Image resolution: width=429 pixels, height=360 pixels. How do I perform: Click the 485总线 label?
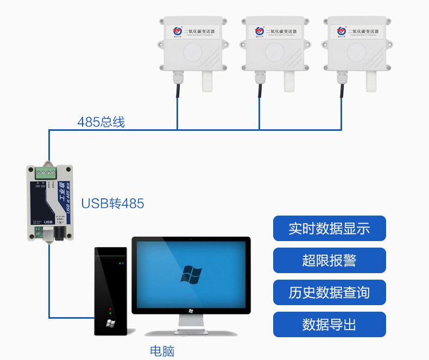click(x=100, y=122)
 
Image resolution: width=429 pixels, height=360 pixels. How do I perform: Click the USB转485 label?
click(x=112, y=204)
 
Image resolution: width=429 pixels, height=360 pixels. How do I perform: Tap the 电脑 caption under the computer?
click(x=162, y=351)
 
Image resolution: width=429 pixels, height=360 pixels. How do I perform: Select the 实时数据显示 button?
click(x=329, y=228)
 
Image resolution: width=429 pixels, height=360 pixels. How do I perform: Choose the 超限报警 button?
click(x=329, y=260)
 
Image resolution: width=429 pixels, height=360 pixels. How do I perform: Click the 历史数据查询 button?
click(x=329, y=292)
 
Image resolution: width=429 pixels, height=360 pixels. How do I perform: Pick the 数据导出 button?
click(x=329, y=324)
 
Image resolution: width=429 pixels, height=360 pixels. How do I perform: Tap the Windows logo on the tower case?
click(x=110, y=324)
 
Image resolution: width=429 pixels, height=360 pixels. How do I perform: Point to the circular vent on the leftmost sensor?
click(x=194, y=53)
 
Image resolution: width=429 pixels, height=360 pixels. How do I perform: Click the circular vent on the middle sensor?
click(x=276, y=53)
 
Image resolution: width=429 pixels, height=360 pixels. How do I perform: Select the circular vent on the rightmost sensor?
click(x=358, y=53)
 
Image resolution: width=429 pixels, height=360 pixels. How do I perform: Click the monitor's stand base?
click(x=190, y=331)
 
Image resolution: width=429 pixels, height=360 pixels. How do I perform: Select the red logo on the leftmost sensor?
click(x=178, y=30)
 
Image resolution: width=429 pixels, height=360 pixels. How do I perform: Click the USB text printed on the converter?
click(x=47, y=222)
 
